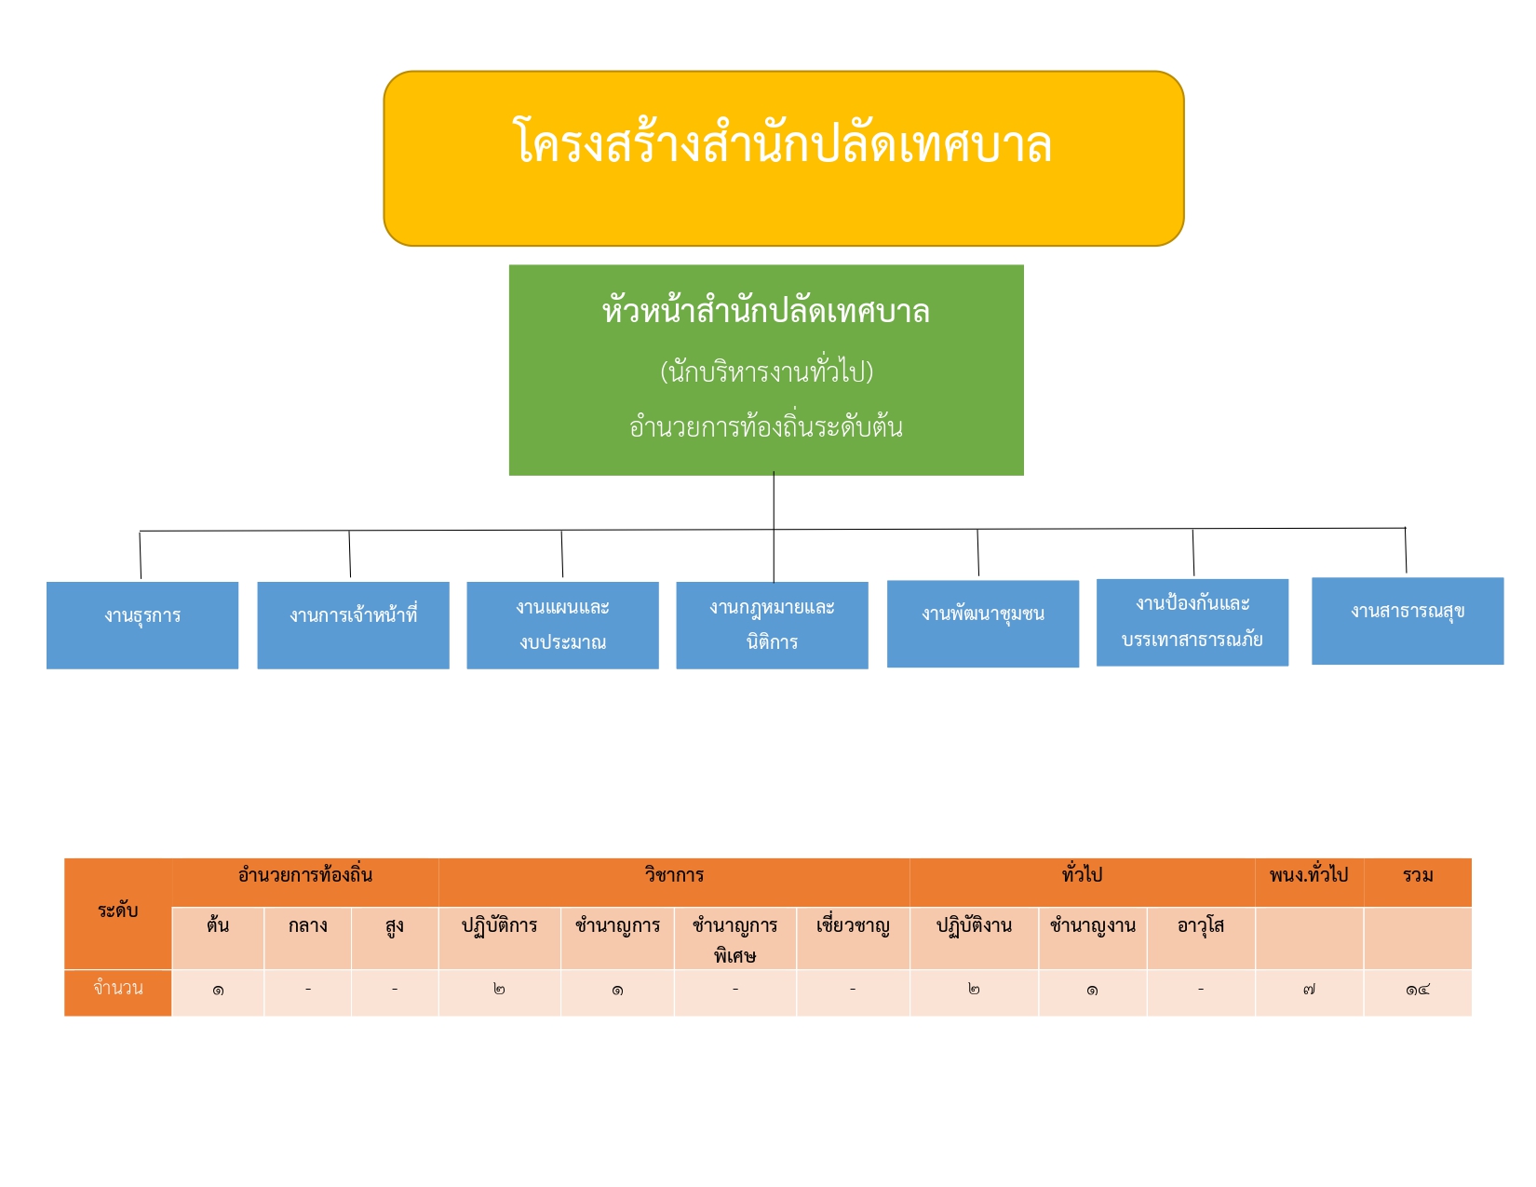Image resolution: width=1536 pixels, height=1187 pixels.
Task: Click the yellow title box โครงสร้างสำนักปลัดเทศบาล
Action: coord(783,158)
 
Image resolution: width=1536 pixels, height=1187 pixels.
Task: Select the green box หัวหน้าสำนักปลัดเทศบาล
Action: coord(766,370)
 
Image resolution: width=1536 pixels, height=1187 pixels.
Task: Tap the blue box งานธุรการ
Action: coord(142,625)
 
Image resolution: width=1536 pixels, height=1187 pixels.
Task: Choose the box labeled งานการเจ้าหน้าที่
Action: coord(353,625)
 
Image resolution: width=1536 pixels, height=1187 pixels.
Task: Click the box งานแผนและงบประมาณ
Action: coord(562,625)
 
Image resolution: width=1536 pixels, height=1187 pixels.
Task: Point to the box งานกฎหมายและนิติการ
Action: coord(772,625)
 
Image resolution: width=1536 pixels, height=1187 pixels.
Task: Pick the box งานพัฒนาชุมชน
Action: coord(982,624)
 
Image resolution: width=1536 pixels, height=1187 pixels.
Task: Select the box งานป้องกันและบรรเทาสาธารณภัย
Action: coord(1192,622)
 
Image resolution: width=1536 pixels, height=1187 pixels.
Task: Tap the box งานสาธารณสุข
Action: coord(1408,621)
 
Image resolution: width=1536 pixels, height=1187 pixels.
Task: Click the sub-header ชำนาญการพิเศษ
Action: coord(735,938)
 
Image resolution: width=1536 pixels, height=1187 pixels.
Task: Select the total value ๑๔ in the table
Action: coord(1417,990)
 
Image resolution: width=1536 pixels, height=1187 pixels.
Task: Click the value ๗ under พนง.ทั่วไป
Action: coord(1309,990)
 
